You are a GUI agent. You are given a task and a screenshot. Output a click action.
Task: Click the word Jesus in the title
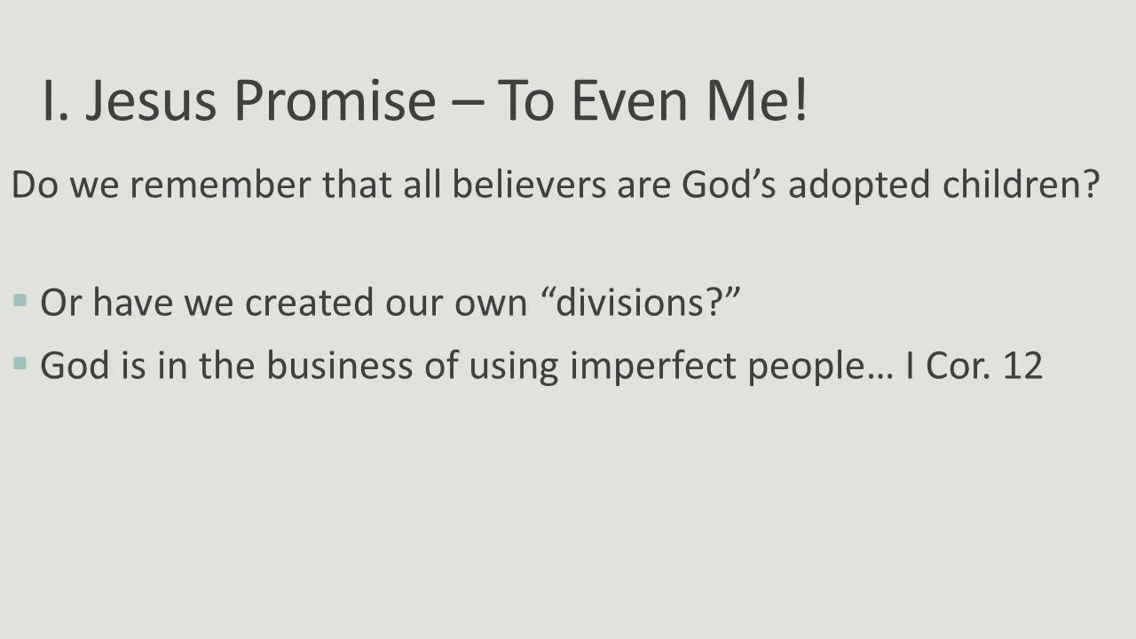tap(151, 100)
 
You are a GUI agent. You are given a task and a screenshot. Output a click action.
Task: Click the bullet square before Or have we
tap(20, 301)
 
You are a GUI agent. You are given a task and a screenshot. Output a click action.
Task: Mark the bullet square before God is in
tap(20, 363)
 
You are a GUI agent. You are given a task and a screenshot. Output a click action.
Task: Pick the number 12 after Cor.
tap(1022, 365)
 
